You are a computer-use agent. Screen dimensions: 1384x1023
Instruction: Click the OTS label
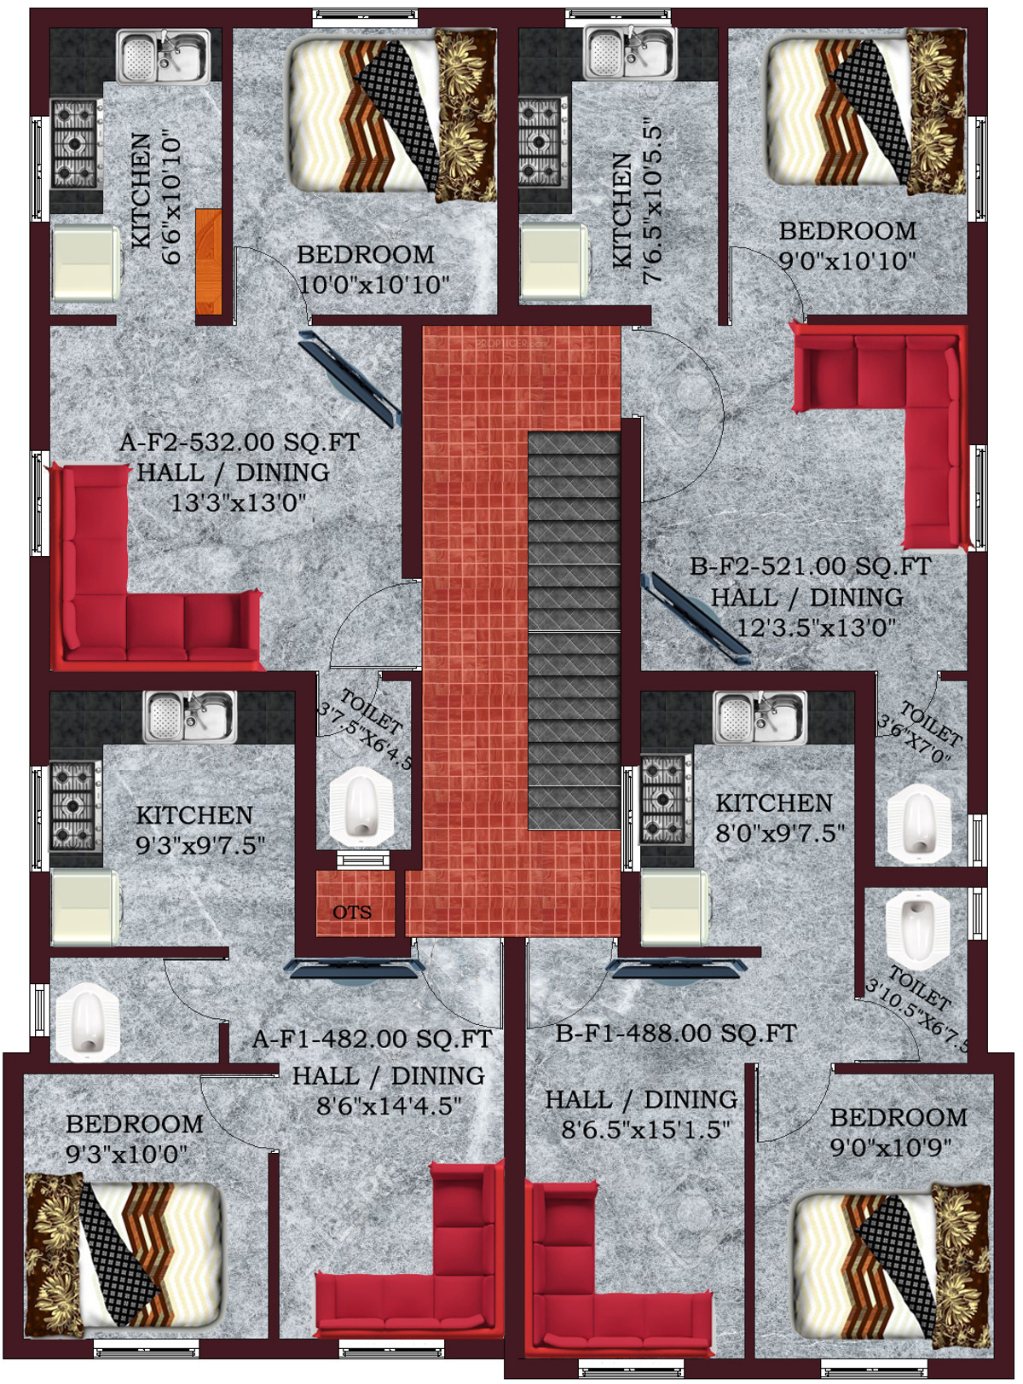tap(352, 912)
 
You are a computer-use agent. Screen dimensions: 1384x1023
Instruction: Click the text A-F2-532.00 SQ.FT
tap(240, 443)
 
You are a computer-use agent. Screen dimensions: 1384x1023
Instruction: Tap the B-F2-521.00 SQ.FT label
tap(810, 566)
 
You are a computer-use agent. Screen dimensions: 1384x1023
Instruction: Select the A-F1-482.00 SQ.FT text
tap(373, 1039)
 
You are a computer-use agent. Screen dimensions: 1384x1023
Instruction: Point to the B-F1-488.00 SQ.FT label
tap(676, 1034)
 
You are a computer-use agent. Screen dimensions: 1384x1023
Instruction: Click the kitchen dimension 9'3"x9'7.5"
tap(200, 846)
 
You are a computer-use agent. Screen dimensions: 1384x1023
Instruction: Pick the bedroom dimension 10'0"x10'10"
tap(373, 285)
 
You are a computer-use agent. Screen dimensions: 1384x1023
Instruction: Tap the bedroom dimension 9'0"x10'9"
tap(891, 1147)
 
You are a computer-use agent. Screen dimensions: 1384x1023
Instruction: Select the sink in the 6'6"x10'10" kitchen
tap(163, 57)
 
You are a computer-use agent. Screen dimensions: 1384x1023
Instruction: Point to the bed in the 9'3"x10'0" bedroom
tap(124, 1254)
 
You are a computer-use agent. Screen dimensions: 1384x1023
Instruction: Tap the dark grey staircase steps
tap(574, 631)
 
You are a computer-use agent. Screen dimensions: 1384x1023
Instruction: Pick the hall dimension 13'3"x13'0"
tap(238, 503)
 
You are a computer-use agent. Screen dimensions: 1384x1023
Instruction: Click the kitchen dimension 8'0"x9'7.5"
tap(780, 833)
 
